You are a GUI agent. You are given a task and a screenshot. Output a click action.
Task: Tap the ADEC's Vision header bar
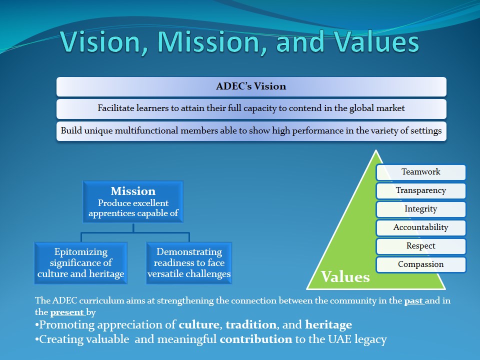[x=251, y=86]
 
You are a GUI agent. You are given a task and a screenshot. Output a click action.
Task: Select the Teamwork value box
[x=421, y=172]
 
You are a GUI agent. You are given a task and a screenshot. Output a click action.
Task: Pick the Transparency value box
[x=421, y=191]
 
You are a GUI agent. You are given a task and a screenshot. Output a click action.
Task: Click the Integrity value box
[x=421, y=209]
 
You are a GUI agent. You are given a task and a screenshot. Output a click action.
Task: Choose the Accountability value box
[x=421, y=228]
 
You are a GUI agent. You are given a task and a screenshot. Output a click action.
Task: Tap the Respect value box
[x=421, y=246]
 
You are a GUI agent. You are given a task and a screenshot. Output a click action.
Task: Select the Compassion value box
[x=421, y=265]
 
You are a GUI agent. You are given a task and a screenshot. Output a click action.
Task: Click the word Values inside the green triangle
[x=345, y=276]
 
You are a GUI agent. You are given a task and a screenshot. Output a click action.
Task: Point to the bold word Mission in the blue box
[x=133, y=191]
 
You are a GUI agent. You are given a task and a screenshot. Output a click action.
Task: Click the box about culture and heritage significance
[x=81, y=263]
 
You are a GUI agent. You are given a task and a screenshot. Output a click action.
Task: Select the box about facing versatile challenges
[x=189, y=263]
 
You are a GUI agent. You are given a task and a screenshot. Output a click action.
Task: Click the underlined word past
[x=413, y=301]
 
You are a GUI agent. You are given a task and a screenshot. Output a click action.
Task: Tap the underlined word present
[x=66, y=312]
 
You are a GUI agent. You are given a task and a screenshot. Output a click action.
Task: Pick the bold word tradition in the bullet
[x=251, y=325]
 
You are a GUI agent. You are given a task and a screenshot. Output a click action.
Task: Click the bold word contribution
[x=256, y=339]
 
